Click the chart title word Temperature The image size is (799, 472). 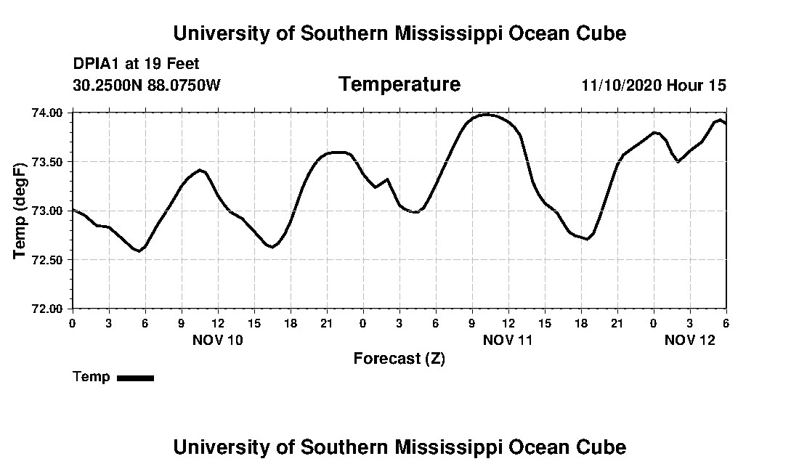point(399,84)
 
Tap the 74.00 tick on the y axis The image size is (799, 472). point(47,113)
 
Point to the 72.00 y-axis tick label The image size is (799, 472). point(47,309)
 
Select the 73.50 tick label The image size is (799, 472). point(47,161)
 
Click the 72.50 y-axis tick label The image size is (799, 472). point(47,260)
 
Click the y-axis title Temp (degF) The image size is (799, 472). point(21,211)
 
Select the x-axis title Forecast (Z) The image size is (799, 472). point(399,358)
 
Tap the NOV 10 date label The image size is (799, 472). point(218,339)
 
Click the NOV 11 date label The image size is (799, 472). point(508,339)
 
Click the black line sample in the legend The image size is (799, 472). point(135,378)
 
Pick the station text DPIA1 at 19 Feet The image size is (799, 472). point(136,64)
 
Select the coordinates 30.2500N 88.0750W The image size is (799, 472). point(146,85)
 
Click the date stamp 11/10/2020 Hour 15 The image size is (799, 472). point(654,85)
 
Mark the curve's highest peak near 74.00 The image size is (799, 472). point(488,114)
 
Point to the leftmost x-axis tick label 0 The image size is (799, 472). point(72,322)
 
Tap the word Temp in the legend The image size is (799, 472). point(92,377)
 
